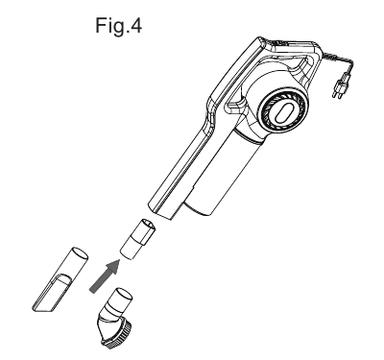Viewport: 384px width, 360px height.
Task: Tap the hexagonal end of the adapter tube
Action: (144, 226)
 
